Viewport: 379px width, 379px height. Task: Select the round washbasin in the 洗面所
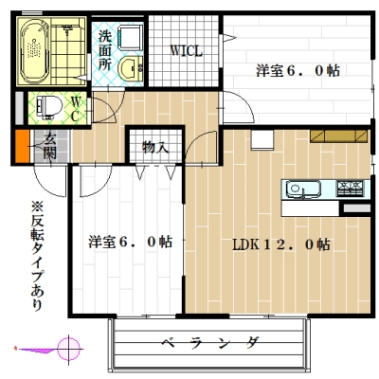(x=133, y=66)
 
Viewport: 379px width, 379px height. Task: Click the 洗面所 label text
(x=105, y=51)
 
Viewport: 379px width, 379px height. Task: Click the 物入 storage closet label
(x=154, y=148)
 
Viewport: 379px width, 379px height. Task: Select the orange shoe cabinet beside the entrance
(x=20, y=150)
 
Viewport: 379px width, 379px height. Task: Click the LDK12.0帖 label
(x=280, y=244)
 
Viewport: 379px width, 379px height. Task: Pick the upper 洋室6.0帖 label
(x=296, y=69)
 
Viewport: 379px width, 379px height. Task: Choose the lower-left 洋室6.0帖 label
(x=130, y=241)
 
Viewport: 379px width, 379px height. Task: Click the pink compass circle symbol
(x=66, y=348)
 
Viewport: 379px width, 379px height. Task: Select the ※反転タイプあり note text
(x=37, y=257)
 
